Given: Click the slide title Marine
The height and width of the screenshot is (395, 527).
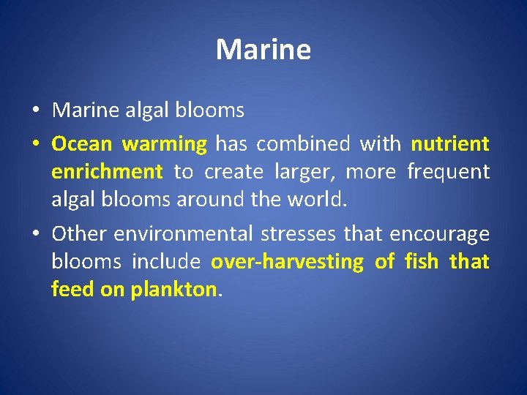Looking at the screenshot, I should coord(263,50).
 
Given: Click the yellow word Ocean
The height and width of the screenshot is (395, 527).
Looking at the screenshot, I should coord(81,144).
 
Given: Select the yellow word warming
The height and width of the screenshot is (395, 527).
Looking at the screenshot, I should coord(165,145).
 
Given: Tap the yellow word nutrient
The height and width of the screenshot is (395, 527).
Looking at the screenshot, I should coord(449,144).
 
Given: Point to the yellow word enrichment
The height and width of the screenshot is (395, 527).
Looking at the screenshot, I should coord(107,172).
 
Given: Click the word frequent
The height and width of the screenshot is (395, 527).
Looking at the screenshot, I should coord(448,173).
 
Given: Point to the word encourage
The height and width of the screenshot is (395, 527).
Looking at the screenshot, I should coord(439,233).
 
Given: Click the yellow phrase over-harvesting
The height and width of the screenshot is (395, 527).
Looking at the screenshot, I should coord(287,262).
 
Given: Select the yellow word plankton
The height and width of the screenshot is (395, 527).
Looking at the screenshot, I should coord(173,290).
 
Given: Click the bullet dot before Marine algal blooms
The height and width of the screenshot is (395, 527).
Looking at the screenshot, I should coord(36,111).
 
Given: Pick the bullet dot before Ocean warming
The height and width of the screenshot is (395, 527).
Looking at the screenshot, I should coord(36,145).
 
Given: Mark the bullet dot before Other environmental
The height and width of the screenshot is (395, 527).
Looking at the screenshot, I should coord(36,234).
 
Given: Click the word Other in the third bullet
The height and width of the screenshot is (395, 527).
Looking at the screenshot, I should coord(79,233).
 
